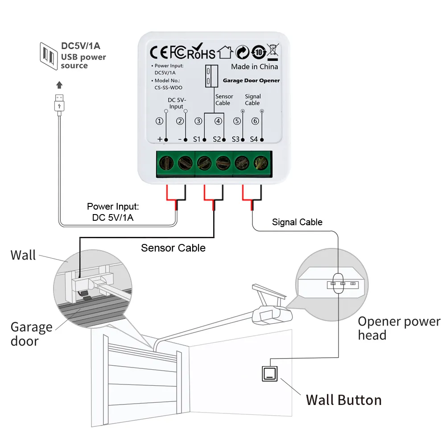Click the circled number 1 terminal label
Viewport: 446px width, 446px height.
point(159,121)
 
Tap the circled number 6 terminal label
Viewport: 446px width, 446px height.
point(255,121)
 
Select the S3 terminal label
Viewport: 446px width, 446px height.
point(235,139)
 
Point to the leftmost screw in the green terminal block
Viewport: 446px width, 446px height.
point(165,164)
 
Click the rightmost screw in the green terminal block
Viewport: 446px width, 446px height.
point(260,164)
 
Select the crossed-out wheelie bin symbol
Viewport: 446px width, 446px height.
point(273,51)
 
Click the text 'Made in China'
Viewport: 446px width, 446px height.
point(254,66)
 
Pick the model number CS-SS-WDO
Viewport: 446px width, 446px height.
point(168,87)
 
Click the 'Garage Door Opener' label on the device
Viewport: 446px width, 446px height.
point(251,81)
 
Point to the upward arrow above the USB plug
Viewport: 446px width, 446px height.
point(59,85)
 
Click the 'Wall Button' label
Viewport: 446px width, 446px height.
point(343,400)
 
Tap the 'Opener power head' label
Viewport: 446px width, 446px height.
point(398,328)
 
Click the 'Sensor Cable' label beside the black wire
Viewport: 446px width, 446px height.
point(173,248)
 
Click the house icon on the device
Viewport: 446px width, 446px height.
point(225,53)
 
